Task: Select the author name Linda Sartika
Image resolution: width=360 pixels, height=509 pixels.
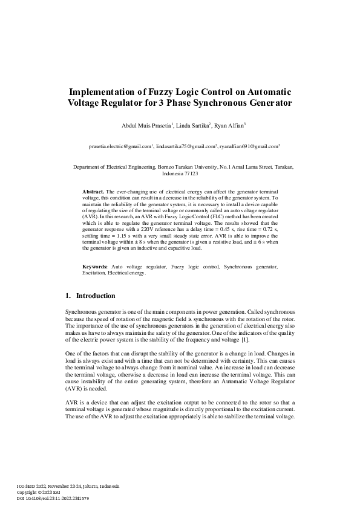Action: pyautogui.click(x=192, y=125)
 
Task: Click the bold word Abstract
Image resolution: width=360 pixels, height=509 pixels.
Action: pyautogui.click(x=93, y=192)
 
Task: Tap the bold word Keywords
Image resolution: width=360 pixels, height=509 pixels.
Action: pyautogui.click(x=96, y=267)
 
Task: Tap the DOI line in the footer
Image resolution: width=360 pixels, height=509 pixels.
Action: pyautogui.click(x=53, y=498)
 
